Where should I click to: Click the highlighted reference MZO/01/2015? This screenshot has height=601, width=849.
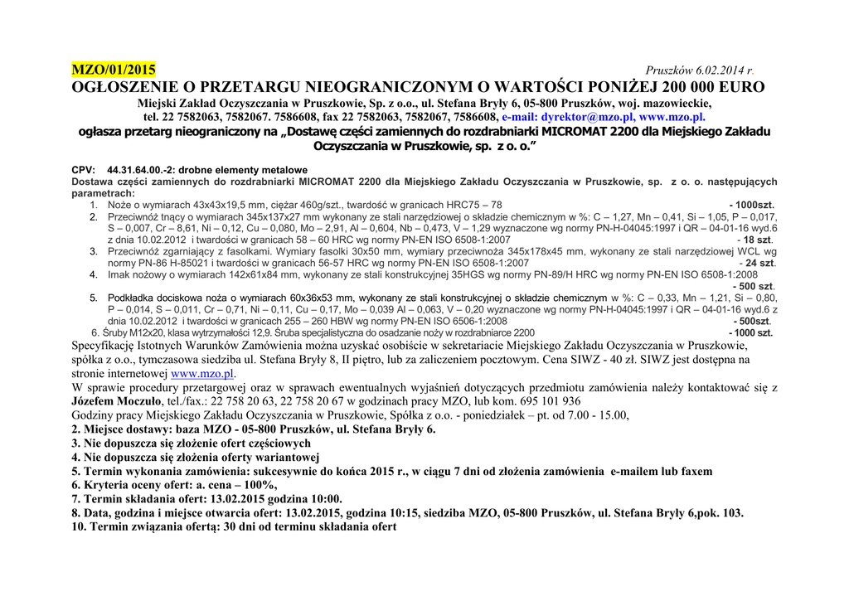[113, 69]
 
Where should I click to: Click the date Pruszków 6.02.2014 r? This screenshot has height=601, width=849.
[700, 72]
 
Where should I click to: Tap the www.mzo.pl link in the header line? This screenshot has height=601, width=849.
[672, 118]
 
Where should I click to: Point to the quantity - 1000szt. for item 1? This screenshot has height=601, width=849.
[752, 204]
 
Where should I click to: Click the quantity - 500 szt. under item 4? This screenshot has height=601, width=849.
[754, 285]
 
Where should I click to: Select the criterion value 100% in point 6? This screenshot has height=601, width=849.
[255, 485]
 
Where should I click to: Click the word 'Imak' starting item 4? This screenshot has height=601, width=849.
[119, 274]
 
